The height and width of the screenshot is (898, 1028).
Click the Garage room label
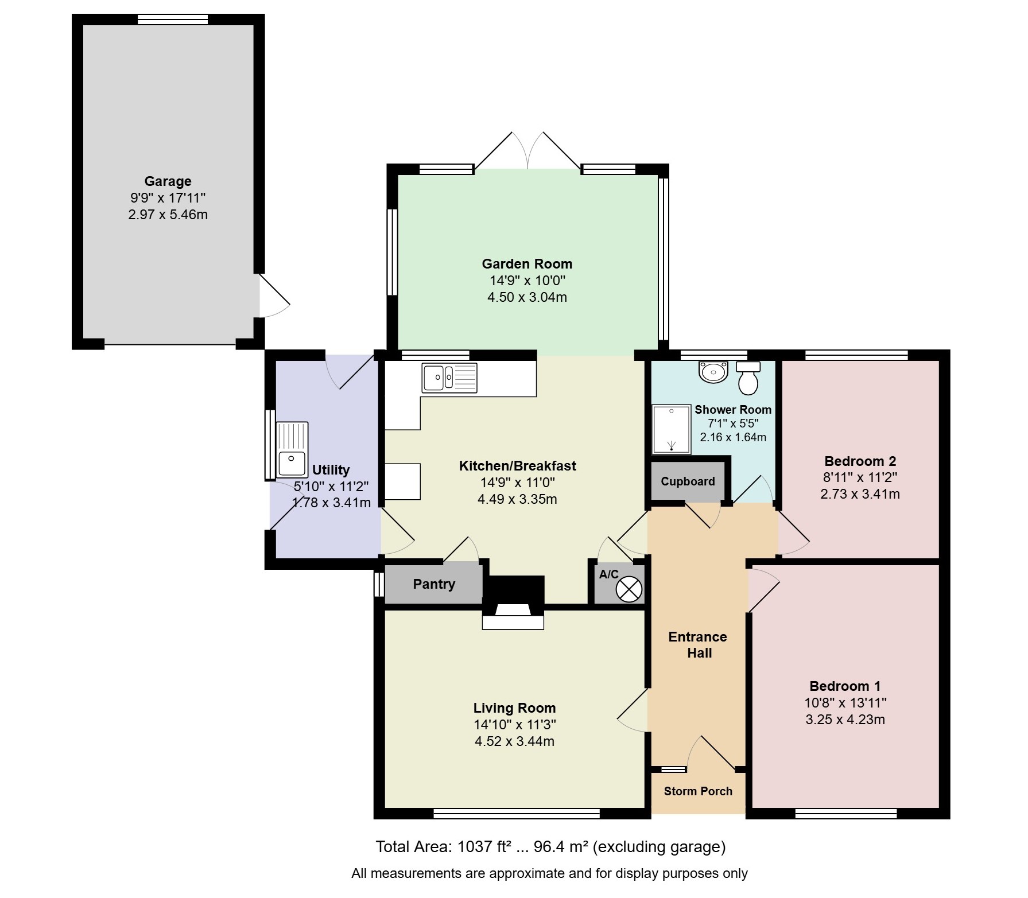168,181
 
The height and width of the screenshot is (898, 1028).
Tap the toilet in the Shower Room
748,378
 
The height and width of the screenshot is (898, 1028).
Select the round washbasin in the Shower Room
713,371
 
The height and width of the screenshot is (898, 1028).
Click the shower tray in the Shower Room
672,429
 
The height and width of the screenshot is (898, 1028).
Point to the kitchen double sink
449,378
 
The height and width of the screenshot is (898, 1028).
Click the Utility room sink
292,450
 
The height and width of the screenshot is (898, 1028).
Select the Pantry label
434,584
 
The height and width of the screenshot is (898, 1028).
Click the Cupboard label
688,481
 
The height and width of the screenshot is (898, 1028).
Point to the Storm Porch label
698,791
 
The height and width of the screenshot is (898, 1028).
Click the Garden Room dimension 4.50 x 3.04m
527,297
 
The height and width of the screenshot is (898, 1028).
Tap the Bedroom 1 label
845,686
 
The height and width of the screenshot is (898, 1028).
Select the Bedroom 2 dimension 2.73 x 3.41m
860,494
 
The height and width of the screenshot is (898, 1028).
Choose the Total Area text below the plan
550,847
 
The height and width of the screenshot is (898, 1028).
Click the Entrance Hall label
698,645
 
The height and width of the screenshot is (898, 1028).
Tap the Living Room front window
517,813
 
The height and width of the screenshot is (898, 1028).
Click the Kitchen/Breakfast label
517,466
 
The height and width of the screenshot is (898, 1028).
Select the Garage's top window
173,20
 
